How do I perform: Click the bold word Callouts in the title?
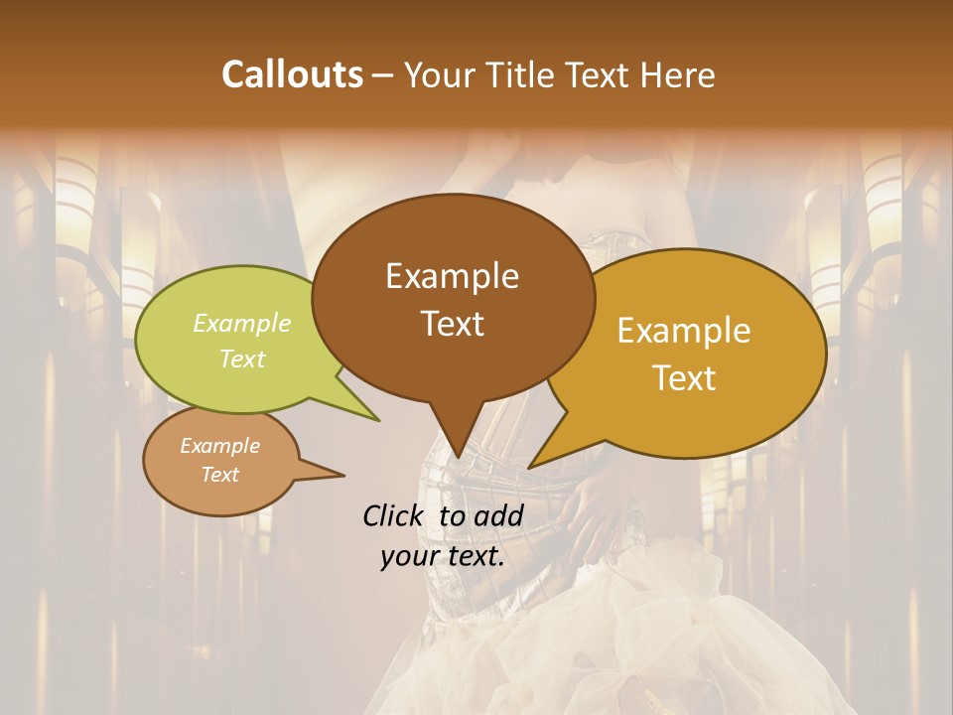[292, 74]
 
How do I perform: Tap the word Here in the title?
[678, 74]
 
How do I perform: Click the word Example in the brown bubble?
[453, 276]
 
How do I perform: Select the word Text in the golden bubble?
[683, 378]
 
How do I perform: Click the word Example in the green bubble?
[241, 324]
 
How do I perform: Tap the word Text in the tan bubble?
[220, 475]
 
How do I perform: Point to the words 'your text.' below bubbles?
[443, 556]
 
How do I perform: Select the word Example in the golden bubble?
[683, 331]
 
